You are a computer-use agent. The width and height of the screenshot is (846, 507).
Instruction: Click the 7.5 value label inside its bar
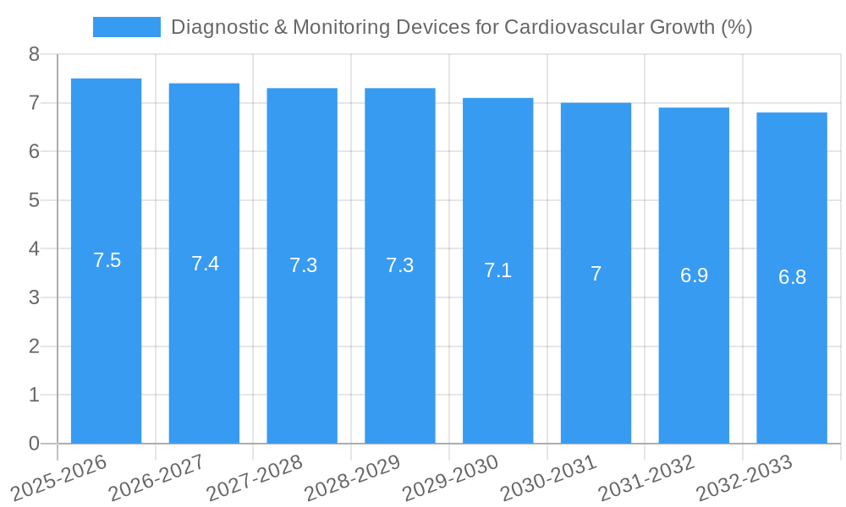[107, 260]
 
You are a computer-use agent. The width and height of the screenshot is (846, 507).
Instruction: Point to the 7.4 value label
[205, 264]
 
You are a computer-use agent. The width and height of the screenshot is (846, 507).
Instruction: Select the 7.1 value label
[497, 270]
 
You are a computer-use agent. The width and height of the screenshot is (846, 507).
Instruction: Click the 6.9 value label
[694, 275]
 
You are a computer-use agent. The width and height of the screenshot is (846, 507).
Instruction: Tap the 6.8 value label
[792, 277]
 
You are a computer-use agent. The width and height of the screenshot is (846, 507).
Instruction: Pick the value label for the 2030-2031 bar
[596, 274]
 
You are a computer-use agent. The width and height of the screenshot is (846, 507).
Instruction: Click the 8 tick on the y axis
[34, 55]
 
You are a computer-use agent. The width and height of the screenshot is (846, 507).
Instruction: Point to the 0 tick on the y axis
[34, 444]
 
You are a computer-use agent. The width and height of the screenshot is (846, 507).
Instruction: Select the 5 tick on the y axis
[34, 200]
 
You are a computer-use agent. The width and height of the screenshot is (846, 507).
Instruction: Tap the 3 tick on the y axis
[34, 297]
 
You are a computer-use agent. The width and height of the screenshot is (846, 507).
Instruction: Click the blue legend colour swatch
[126, 27]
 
